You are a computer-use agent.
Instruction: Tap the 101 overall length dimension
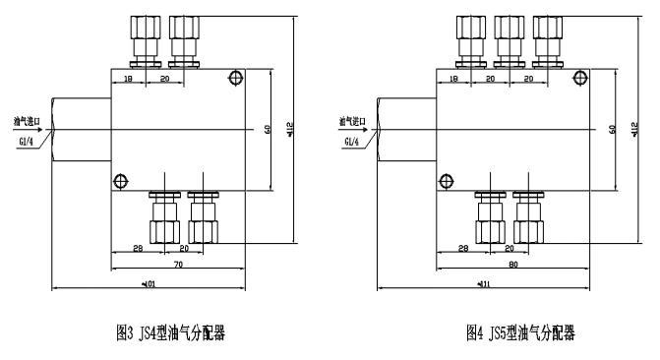[x=150, y=285]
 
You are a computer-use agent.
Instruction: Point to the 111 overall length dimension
[x=483, y=285]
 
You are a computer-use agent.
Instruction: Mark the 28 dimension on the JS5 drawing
[x=461, y=249]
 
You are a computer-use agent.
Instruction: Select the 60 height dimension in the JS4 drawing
[x=269, y=129]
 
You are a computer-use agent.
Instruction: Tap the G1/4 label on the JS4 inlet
[x=25, y=142]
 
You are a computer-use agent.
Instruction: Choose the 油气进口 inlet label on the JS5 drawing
[x=352, y=121]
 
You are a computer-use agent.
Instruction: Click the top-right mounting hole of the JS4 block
[x=234, y=78]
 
